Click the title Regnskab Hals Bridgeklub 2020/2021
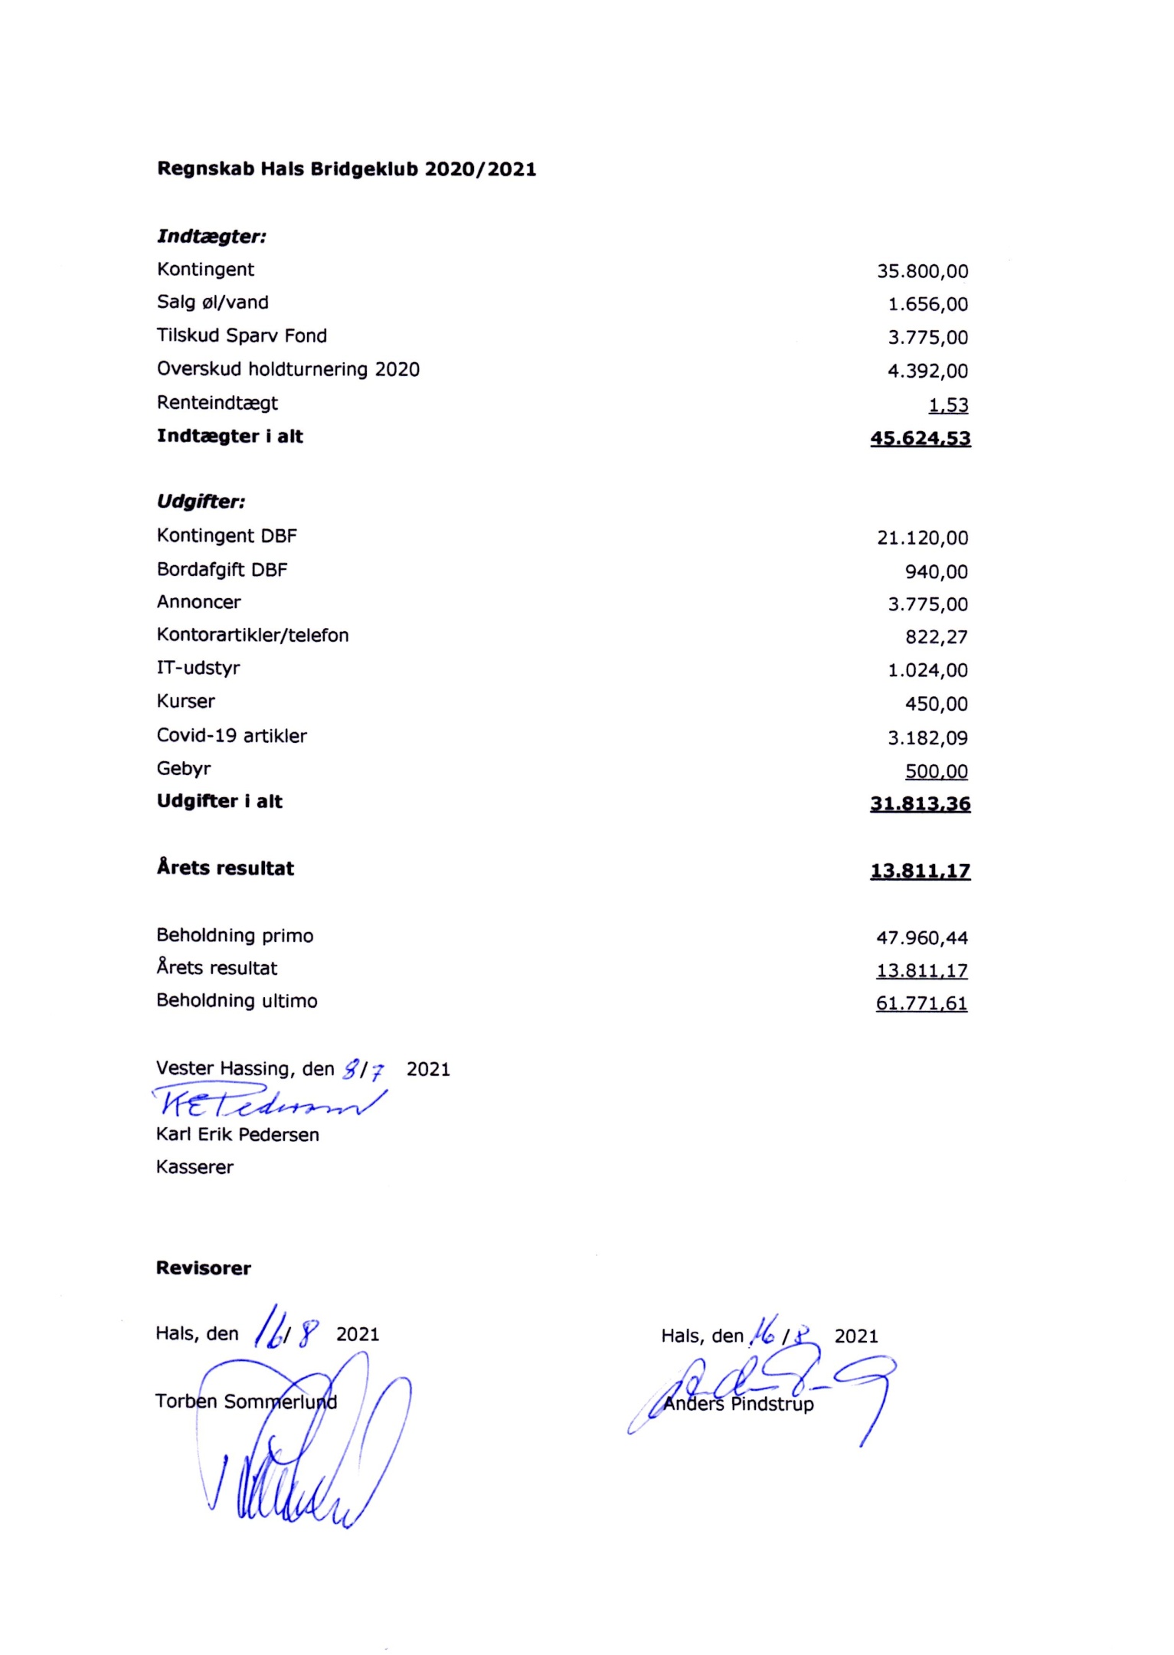point(346,168)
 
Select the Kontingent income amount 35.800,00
point(922,271)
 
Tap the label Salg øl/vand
point(212,303)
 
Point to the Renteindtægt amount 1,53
point(948,404)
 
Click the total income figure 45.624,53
point(920,438)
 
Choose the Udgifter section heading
point(201,502)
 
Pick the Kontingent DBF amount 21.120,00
point(922,538)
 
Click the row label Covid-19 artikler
point(231,735)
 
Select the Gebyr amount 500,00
point(936,771)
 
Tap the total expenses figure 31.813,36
point(920,803)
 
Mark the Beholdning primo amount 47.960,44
point(921,937)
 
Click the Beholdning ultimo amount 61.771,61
point(921,1003)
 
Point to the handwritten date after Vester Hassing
point(363,1069)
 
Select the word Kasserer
point(195,1167)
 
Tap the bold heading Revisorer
point(203,1268)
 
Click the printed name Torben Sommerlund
point(246,1402)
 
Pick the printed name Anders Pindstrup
point(738,1404)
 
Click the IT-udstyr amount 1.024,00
point(927,670)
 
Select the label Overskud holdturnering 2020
point(288,369)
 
